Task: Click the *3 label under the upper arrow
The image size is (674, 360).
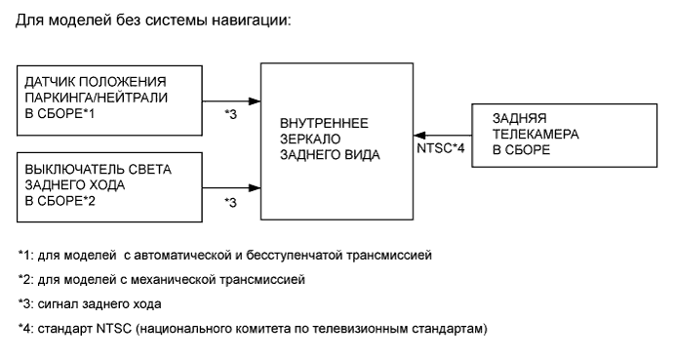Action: [231, 115]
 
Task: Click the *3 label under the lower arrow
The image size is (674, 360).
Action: [231, 203]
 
